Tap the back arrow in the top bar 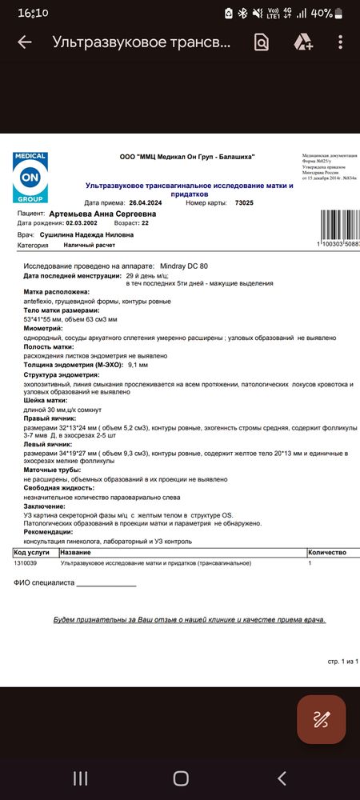(x=25, y=42)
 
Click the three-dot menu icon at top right (x=341, y=42)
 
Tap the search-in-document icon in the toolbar (x=262, y=42)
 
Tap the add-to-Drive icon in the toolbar (x=302, y=42)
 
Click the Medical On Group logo (x=30, y=178)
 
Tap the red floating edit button (x=322, y=718)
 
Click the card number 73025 (x=244, y=203)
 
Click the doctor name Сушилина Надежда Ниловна (x=86, y=235)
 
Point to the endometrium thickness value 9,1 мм (x=138, y=364)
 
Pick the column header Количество (x=326, y=553)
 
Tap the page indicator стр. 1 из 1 (x=344, y=662)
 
